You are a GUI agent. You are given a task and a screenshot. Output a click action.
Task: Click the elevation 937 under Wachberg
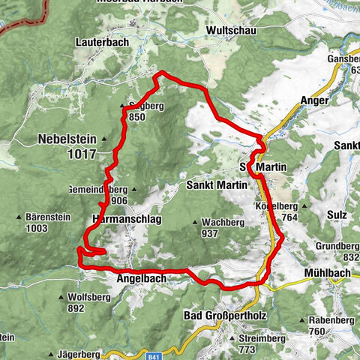pos(209,234)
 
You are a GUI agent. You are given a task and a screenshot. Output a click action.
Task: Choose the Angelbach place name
pos(141,278)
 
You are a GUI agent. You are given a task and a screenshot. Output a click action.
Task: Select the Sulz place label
pos(337,214)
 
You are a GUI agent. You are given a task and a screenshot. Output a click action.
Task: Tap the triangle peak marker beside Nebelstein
pos(105,139)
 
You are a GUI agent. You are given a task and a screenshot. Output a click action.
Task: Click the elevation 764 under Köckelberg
pos(288,217)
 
